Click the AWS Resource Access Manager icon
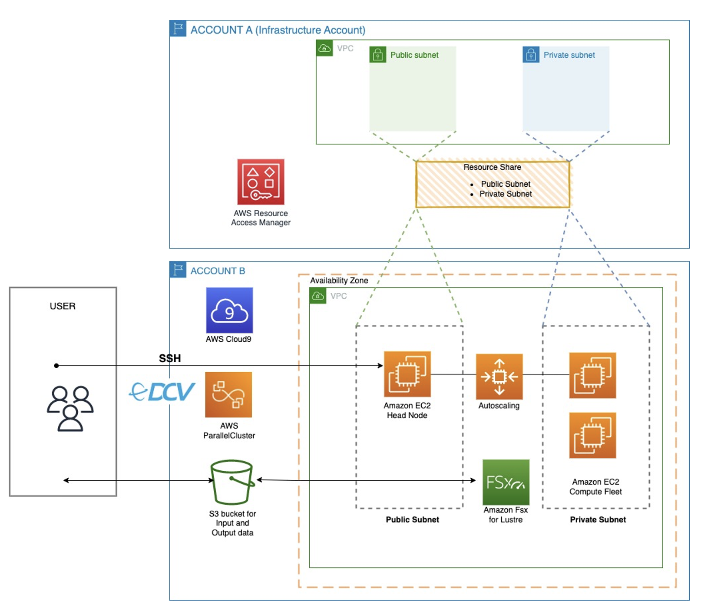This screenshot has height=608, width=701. click(261, 182)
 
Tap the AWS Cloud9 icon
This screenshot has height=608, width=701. click(229, 310)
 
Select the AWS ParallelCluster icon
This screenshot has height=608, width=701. click(228, 394)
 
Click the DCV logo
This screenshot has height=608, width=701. click(162, 392)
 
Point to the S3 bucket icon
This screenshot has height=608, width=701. click(232, 482)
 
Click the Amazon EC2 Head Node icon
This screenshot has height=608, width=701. click(407, 374)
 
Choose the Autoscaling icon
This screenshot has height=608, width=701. click(499, 377)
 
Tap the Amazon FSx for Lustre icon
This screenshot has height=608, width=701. click(506, 482)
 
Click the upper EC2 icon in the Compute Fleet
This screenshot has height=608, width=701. click(592, 375)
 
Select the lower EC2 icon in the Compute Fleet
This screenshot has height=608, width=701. click(592, 435)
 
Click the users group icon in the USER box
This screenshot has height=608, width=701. click(70, 408)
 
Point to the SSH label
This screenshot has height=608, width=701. click(170, 358)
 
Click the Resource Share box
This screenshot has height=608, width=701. click(493, 185)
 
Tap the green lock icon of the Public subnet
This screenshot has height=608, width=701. click(377, 55)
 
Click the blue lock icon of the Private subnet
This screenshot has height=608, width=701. click(531, 55)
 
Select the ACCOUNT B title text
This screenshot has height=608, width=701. click(218, 271)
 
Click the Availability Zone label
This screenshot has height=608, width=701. click(339, 281)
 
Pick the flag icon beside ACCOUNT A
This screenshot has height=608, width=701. click(178, 29)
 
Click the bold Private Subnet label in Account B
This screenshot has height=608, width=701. click(598, 519)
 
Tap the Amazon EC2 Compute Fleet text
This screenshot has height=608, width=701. click(595, 487)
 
